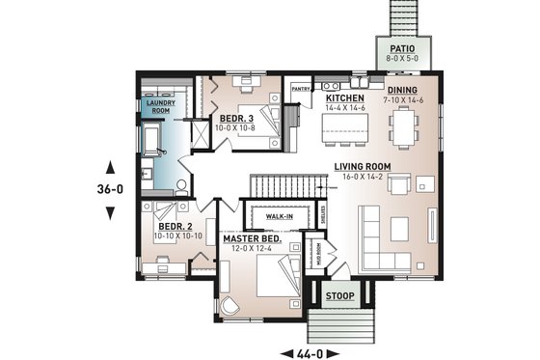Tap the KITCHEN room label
point(343,98)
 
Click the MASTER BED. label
point(252,238)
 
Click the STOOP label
point(338,295)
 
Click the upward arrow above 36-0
point(110,162)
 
